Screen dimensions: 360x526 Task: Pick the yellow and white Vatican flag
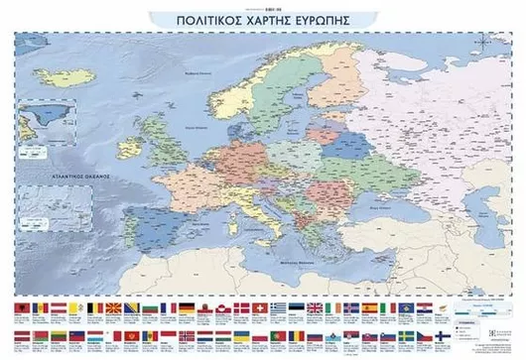click(x=73, y=308)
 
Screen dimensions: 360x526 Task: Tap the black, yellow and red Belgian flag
click(x=95, y=308)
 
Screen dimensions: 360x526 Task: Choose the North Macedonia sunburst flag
click(x=115, y=308)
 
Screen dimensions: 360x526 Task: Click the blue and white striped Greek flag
click(x=279, y=308)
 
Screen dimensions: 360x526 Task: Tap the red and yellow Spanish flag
click(x=369, y=308)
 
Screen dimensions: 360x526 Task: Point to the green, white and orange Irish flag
click(x=333, y=308)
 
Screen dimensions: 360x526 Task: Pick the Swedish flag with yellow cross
click(x=407, y=336)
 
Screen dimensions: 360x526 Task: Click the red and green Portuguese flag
click(x=279, y=336)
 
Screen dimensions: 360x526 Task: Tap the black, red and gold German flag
click(x=187, y=308)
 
